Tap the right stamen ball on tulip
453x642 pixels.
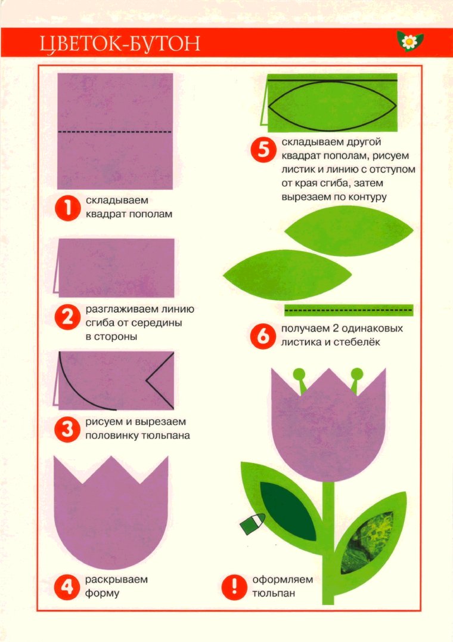pos(357,375)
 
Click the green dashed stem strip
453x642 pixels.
pos(349,310)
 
